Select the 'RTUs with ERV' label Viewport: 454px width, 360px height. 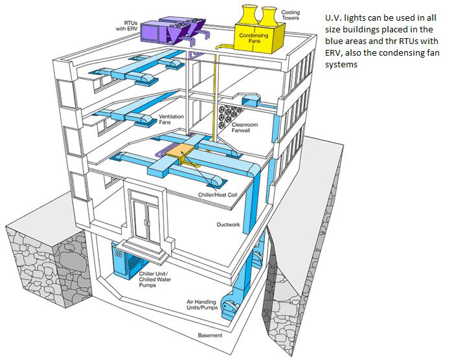point(127,24)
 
